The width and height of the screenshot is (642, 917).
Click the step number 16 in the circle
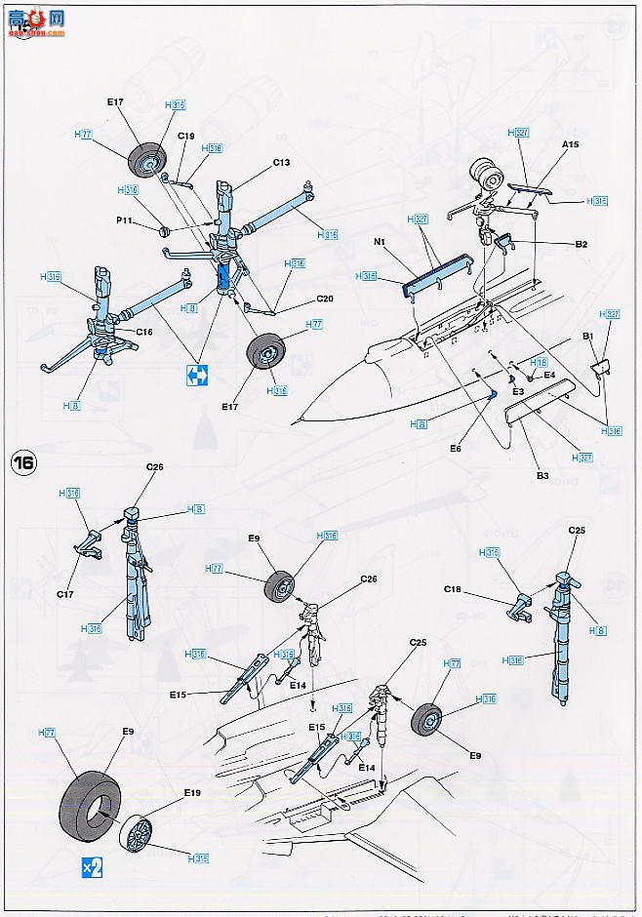[x=21, y=463]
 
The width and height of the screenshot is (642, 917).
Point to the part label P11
[x=124, y=221]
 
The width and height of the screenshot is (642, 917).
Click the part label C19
[x=186, y=137]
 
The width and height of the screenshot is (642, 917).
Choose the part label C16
[x=143, y=332]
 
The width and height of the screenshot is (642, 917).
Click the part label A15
[x=571, y=143]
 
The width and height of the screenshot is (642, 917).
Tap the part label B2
[x=580, y=245]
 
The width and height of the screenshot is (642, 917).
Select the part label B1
[x=587, y=337]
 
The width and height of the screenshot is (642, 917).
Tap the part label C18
[x=453, y=589]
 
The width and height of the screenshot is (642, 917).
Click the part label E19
[x=190, y=795]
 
